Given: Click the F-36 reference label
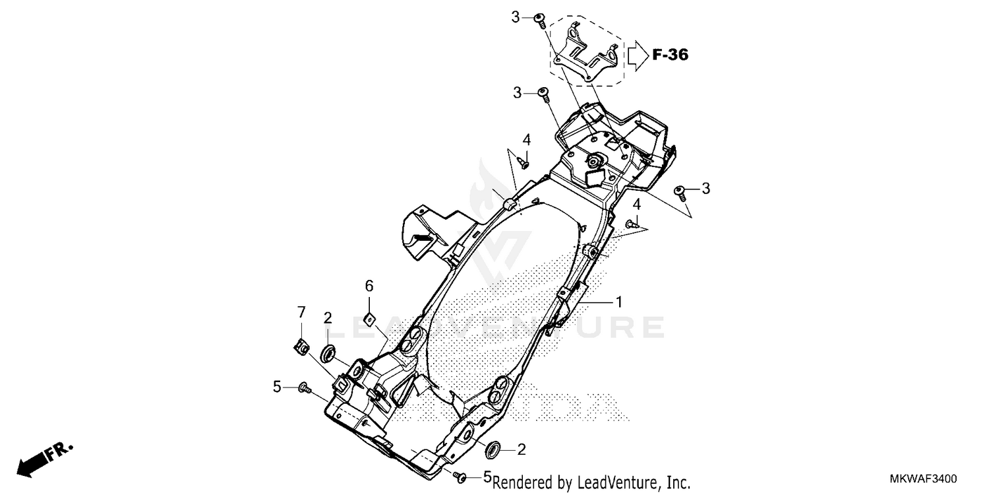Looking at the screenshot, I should pyautogui.click(x=671, y=55).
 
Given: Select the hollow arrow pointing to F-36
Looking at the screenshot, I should pyautogui.click(x=638, y=55).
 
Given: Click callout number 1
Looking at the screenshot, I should pyautogui.click(x=618, y=302).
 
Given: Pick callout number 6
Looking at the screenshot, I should pyautogui.click(x=369, y=286).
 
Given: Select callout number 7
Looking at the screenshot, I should pyautogui.click(x=301, y=311).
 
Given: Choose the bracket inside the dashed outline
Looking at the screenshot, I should pyautogui.click(x=586, y=54).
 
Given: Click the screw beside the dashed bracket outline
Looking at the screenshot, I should pyautogui.click(x=539, y=20).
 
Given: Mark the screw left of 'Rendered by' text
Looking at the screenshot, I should pyautogui.click(x=462, y=476).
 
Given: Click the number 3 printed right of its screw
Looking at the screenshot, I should pyautogui.click(x=705, y=189).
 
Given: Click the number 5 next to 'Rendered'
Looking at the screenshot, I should pyautogui.click(x=488, y=477).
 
